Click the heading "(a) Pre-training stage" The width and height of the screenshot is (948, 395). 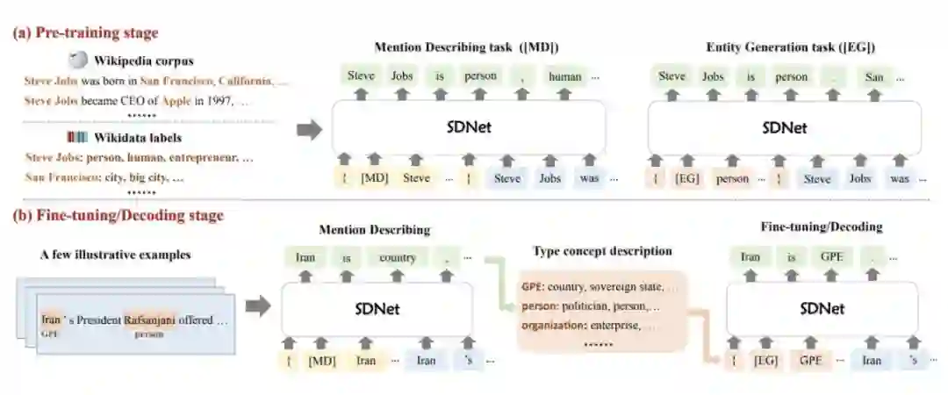(85, 33)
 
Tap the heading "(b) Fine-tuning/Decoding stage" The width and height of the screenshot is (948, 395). (118, 215)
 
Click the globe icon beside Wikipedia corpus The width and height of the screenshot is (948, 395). (79, 60)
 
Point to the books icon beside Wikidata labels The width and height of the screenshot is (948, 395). (78, 137)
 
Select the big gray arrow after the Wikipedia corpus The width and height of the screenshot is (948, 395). (310, 130)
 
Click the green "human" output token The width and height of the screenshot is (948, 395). (564, 76)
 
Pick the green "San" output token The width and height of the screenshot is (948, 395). (873, 76)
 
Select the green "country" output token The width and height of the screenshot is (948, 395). (397, 258)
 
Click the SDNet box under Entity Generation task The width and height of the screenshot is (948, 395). (784, 128)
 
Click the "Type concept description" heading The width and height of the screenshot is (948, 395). (602, 251)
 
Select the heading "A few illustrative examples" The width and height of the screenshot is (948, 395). (116, 255)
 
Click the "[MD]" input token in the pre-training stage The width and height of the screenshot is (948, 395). (375, 178)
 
